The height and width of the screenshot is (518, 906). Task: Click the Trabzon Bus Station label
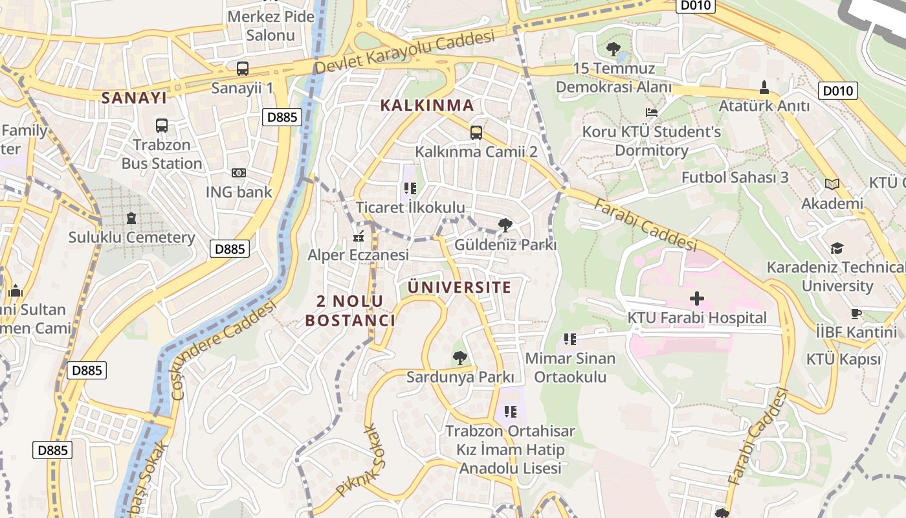162,154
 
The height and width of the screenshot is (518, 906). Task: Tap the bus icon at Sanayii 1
243,68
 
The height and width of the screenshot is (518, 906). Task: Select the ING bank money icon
239,173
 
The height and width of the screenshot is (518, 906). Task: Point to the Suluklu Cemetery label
132,238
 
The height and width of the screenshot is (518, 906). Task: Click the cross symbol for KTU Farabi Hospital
697,298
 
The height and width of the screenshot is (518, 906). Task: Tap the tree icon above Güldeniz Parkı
505,225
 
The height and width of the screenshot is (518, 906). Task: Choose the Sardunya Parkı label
460,377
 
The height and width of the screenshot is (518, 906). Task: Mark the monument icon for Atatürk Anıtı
764,87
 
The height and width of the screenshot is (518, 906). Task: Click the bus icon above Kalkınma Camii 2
476,133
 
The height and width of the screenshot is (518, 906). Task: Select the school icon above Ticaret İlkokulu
410,188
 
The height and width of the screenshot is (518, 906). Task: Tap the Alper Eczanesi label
358,255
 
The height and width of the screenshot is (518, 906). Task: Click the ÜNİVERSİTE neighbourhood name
459,287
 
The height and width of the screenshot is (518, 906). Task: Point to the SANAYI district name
134,98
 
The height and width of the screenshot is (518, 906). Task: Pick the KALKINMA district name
426,105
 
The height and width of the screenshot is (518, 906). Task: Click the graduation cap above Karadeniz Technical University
837,249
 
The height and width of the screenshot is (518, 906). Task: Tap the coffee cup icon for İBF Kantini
856,314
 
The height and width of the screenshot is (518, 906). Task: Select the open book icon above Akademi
832,185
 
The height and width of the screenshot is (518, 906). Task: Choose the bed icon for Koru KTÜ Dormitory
652,113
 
